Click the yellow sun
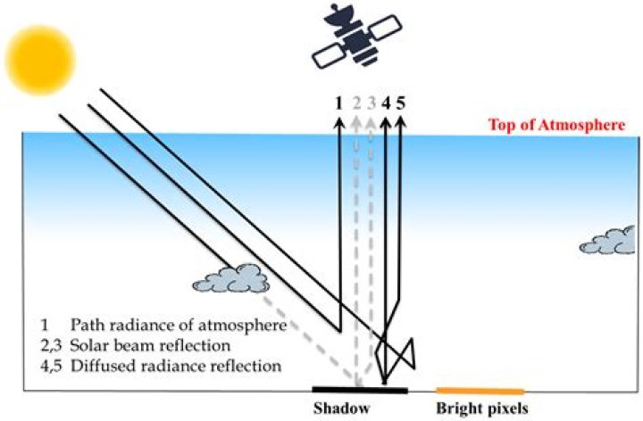pos(40,60)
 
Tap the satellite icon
pos(356,37)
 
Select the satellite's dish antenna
pos(339,16)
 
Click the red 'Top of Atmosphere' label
pos(557,125)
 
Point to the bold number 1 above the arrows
pos(338,103)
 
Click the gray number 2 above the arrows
pos(356,103)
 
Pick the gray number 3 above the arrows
pos(372,103)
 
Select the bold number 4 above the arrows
pos(386,103)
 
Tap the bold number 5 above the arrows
pos(401,103)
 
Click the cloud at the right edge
pos(608,242)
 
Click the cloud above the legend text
pos(231,279)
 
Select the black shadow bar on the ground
pos(360,390)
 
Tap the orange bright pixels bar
pos(480,391)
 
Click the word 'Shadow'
pos(341,409)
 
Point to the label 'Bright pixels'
pos(482,409)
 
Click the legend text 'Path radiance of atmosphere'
pos(179,326)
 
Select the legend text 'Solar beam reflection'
pos(150,346)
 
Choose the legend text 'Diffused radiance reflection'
pos(176,366)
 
